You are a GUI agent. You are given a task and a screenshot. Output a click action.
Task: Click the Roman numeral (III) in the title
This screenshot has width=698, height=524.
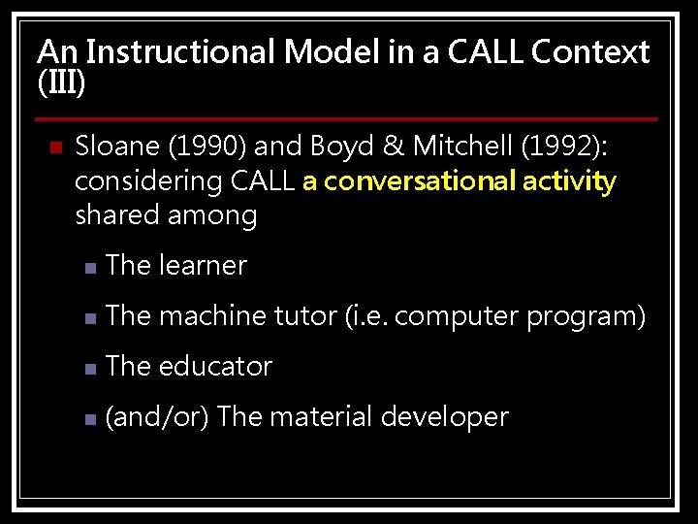(61, 83)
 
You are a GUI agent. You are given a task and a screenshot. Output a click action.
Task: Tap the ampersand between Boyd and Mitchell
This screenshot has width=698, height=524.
(393, 147)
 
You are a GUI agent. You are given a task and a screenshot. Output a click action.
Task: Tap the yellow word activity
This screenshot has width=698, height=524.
(572, 181)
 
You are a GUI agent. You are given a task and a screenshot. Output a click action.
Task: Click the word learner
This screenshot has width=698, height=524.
(203, 265)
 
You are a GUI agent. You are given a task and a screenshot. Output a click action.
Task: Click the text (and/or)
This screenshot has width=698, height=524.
(157, 417)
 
